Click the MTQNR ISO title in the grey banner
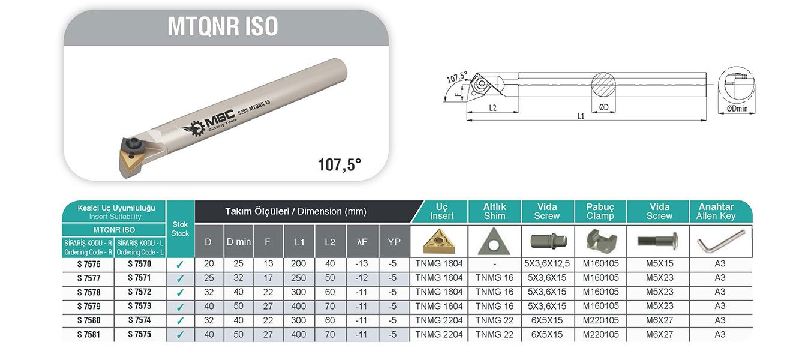click(x=223, y=26)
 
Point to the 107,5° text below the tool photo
click(x=340, y=165)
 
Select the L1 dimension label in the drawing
click(x=581, y=116)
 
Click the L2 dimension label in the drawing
click(x=492, y=108)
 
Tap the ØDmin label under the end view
click(x=737, y=109)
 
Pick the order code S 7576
click(x=88, y=265)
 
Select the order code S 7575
click(x=140, y=334)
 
